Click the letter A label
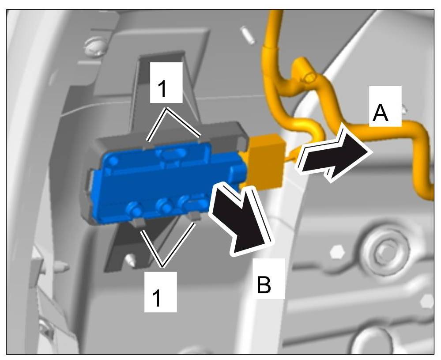(381, 113)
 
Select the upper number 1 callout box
(163, 88)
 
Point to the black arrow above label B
(241, 224)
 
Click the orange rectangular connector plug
(265, 162)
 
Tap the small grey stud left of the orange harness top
(248, 35)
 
